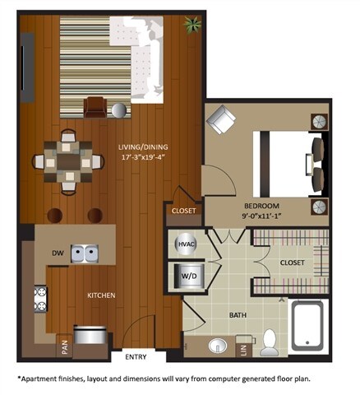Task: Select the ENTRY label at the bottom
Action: pyautogui.click(x=135, y=356)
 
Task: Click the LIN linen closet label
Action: pyautogui.click(x=243, y=348)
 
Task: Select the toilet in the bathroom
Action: pyautogui.click(x=270, y=342)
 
